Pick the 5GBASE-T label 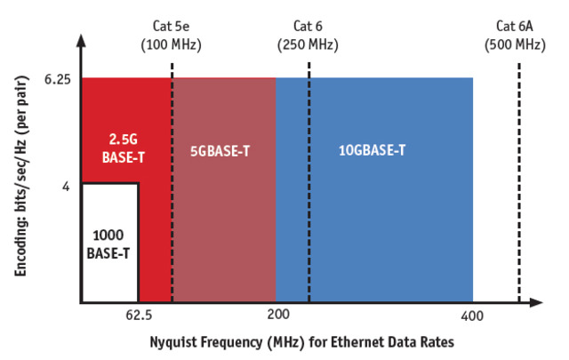(x=220, y=151)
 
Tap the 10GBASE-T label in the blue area (x=372, y=151)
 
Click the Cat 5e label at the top (x=172, y=26)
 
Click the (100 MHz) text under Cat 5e (x=172, y=44)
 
